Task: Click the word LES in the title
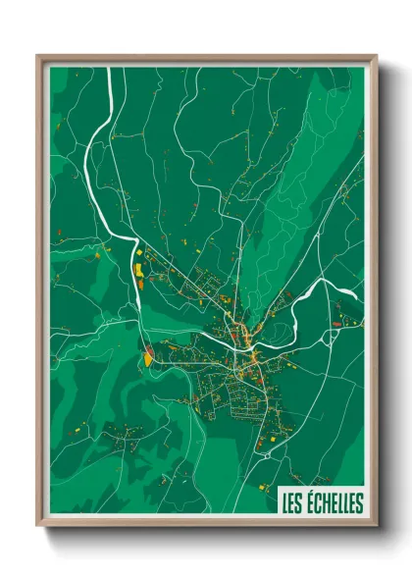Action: [291, 503]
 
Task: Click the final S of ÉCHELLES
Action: [359, 503]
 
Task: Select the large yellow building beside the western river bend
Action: [147, 358]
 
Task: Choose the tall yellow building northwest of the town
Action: [138, 266]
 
